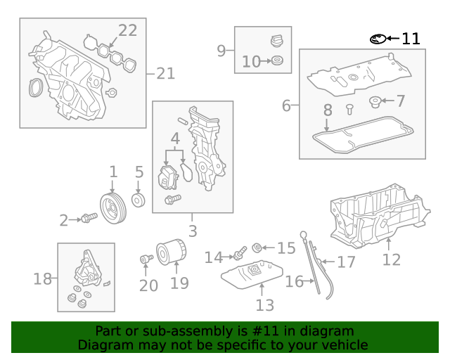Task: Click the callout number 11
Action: [x=411, y=39]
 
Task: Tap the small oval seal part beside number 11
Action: [x=378, y=39]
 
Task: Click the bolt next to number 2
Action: [x=87, y=219]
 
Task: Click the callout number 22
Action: [x=127, y=30]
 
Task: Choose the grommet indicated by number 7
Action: [x=375, y=103]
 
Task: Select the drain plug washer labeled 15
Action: [x=258, y=247]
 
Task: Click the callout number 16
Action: [x=294, y=282]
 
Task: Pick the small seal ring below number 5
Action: [x=139, y=202]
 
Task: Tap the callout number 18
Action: [x=43, y=279]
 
